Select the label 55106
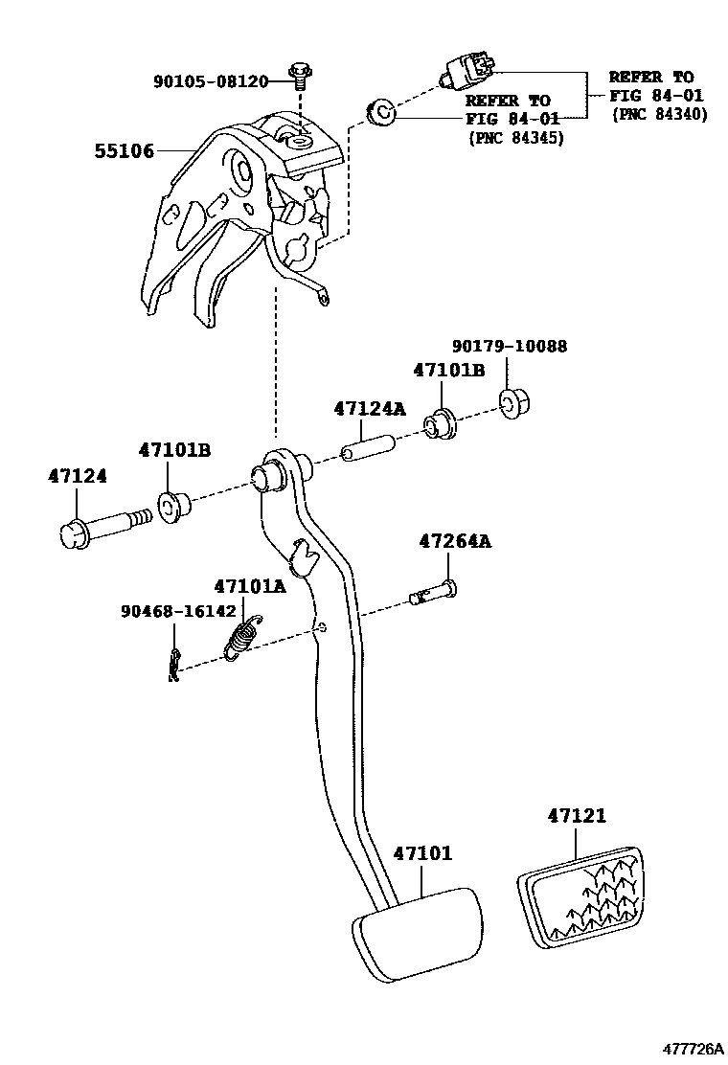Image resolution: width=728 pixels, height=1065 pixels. (124, 151)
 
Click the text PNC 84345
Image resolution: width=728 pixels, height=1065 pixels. (515, 138)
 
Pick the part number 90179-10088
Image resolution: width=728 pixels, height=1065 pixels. (509, 347)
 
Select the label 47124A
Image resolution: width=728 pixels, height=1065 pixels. (369, 409)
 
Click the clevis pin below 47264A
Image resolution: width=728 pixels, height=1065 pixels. (433, 593)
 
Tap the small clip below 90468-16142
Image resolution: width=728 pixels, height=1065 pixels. (172, 665)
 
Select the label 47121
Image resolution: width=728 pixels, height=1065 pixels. (578, 815)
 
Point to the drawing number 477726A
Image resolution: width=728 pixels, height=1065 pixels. (689, 1048)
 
